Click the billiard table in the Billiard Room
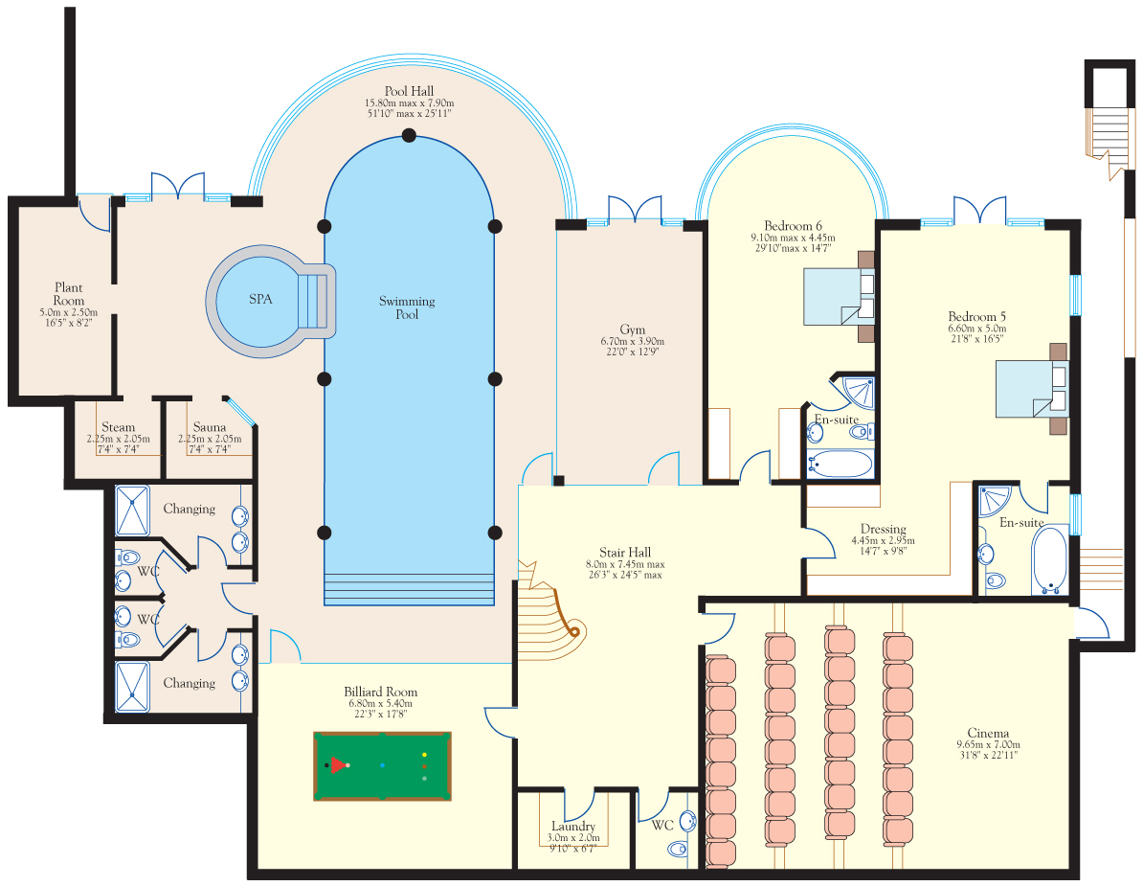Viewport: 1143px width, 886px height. (x=382, y=765)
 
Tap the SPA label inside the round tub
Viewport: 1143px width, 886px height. (x=260, y=299)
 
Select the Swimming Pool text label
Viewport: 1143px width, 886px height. (x=407, y=307)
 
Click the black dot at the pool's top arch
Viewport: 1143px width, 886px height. (x=409, y=135)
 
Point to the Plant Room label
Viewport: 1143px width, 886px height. (x=69, y=294)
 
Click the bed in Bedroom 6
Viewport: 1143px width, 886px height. (x=839, y=297)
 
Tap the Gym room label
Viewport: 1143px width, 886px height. (x=632, y=329)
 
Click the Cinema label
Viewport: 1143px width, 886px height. (x=988, y=733)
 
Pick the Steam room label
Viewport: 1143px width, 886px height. (x=118, y=426)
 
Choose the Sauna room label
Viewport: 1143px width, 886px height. (x=210, y=426)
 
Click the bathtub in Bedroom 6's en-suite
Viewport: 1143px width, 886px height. (x=840, y=465)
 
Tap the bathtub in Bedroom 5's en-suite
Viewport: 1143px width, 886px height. (x=1049, y=560)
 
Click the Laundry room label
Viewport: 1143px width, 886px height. (x=573, y=827)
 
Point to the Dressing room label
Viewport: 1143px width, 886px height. (x=883, y=529)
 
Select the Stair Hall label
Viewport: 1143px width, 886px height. (x=625, y=552)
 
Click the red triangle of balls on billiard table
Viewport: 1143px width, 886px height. (x=338, y=765)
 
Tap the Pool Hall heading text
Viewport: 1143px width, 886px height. (x=409, y=91)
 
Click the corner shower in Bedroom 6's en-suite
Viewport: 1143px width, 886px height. (x=858, y=393)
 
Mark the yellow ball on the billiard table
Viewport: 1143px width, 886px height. (x=424, y=755)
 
